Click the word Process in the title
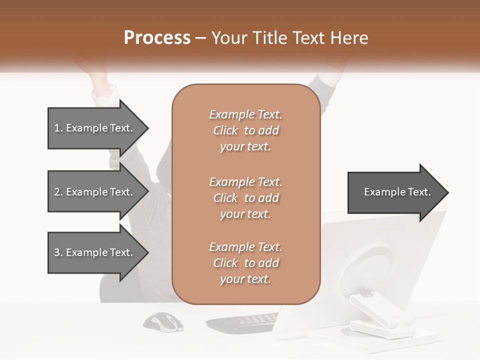coord(157,38)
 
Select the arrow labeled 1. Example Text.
coord(95,128)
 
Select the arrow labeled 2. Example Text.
coord(95,192)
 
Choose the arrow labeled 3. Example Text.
coord(95,252)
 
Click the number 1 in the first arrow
coord(57,128)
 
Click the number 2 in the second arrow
coord(57,192)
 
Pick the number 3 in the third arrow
coord(57,252)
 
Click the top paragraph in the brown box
coord(245,130)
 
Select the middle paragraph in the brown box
coord(245,198)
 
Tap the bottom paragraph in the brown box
coord(245,263)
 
